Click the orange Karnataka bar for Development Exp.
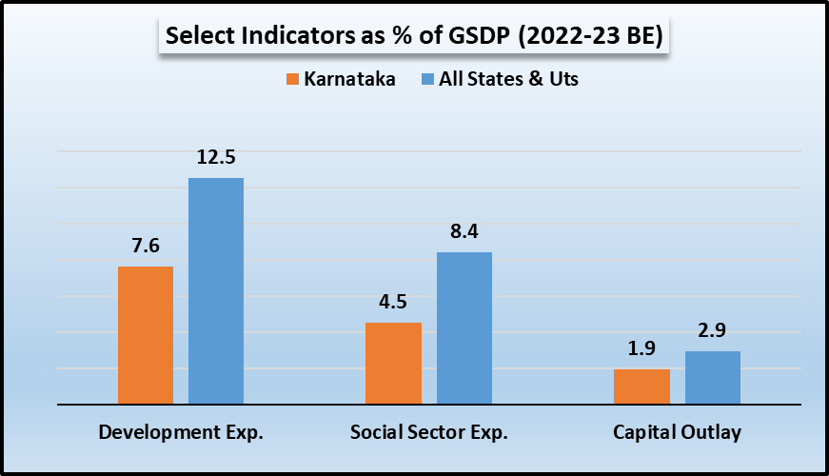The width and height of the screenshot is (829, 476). pyautogui.click(x=146, y=335)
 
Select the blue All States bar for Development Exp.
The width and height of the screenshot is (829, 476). pyautogui.click(x=216, y=291)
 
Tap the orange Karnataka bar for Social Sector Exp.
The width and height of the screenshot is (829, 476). pyautogui.click(x=393, y=364)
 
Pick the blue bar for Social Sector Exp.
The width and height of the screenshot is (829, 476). pyautogui.click(x=464, y=328)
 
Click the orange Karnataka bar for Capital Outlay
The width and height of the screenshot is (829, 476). pyautogui.click(x=641, y=387)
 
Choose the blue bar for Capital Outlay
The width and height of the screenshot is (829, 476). pyautogui.click(x=712, y=378)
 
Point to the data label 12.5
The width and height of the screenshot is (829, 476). pyautogui.click(x=216, y=157)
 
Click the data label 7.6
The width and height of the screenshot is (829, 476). pyautogui.click(x=146, y=246)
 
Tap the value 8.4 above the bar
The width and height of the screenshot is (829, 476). pyautogui.click(x=464, y=231)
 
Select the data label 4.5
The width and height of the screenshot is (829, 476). pyautogui.click(x=393, y=302)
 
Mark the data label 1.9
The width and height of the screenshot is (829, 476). pyautogui.click(x=641, y=348)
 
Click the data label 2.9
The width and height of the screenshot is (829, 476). pyautogui.click(x=712, y=331)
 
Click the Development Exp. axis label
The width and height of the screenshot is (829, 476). pyautogui.click(x=181, y=432)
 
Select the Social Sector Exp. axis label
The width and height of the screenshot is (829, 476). pyautogui.click(x=429, y=432)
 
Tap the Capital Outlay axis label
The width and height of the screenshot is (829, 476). pyautogui.click(x=677, y=432)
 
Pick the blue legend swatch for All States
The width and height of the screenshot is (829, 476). pyautogui.click(x=426, y=79)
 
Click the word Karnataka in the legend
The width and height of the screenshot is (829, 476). pyautogui.click(x=349, y=79)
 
